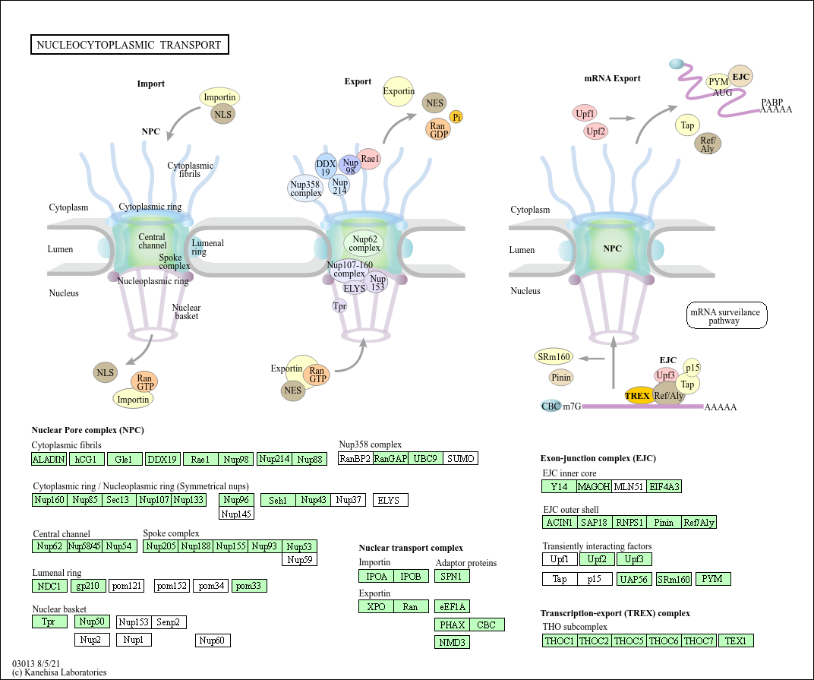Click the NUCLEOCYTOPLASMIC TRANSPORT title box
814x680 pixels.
130,45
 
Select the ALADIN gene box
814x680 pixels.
49,459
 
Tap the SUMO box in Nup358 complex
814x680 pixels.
460,459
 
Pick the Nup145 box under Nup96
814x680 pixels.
236,514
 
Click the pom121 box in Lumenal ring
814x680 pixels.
127,586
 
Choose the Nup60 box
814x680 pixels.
213,640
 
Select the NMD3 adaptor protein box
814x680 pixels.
452,643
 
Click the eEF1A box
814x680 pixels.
452,607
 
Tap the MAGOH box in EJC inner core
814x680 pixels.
594,487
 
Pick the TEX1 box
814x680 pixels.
736,641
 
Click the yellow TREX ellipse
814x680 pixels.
638,396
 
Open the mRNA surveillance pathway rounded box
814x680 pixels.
726,316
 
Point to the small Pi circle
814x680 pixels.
456,117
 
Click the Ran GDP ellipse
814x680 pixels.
438,129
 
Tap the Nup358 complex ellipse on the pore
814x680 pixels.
305,188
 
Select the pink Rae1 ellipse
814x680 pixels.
369,159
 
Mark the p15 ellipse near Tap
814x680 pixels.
692,367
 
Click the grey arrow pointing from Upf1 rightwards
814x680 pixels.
623,119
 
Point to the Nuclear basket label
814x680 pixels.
186,312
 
